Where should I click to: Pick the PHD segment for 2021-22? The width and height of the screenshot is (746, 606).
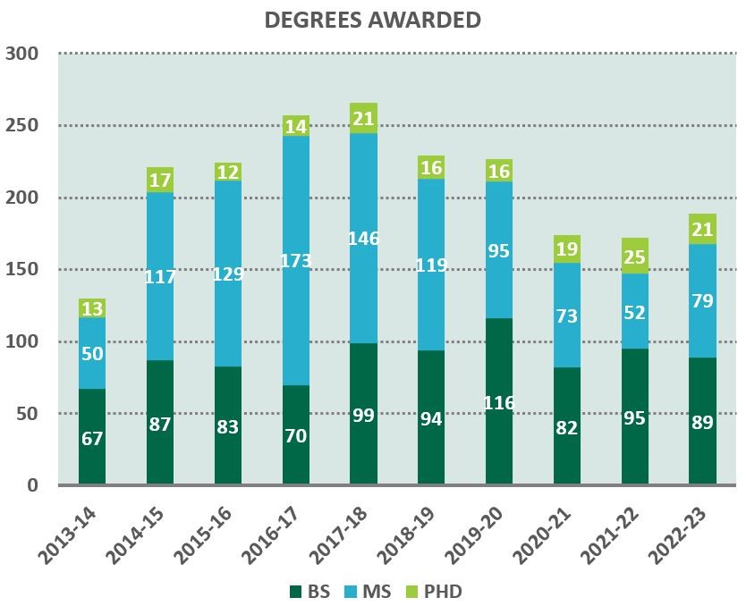[635, 256]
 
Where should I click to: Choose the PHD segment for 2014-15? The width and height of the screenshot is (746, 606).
[160, 180]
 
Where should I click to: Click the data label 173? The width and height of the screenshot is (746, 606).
[296, 260]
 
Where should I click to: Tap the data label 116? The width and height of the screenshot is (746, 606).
[499, 403]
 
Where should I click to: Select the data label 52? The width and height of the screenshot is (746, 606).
[635, 313]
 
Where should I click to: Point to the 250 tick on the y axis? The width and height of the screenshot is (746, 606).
[22, 125]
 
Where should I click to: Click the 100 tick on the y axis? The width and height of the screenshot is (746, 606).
[22, 341]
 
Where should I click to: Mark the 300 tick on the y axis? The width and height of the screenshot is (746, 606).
[22, 54]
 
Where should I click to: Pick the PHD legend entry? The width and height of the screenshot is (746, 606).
[436, 591]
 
